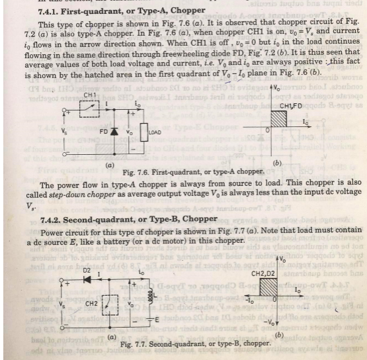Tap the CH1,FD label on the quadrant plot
[292, 106]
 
